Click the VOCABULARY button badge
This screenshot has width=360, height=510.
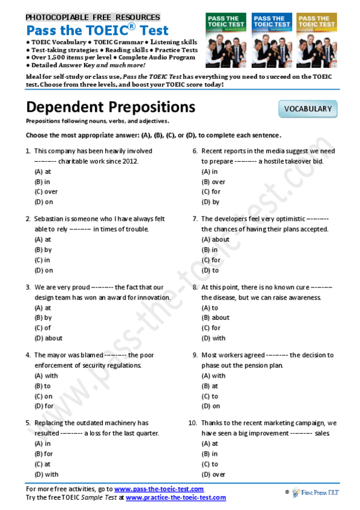click(308, 109)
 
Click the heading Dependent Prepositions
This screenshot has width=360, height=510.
click(111, 106)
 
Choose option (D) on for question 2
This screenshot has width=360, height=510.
click(44, 270)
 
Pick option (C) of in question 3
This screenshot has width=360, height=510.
click(43, 328)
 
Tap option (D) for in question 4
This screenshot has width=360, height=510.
click(44, 406)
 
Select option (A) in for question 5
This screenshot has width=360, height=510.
click(43, 444)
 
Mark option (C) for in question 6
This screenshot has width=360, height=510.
click(212, 192)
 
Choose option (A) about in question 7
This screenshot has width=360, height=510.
click(216, 239)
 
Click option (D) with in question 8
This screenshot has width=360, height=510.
click(214, 338)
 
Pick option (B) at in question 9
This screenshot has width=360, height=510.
click(211, 386)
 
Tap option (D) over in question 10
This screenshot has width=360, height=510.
click(214, 474)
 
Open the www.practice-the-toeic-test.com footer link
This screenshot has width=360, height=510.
click(175, 497)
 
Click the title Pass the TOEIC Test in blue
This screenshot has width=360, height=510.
click(97, 30)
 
